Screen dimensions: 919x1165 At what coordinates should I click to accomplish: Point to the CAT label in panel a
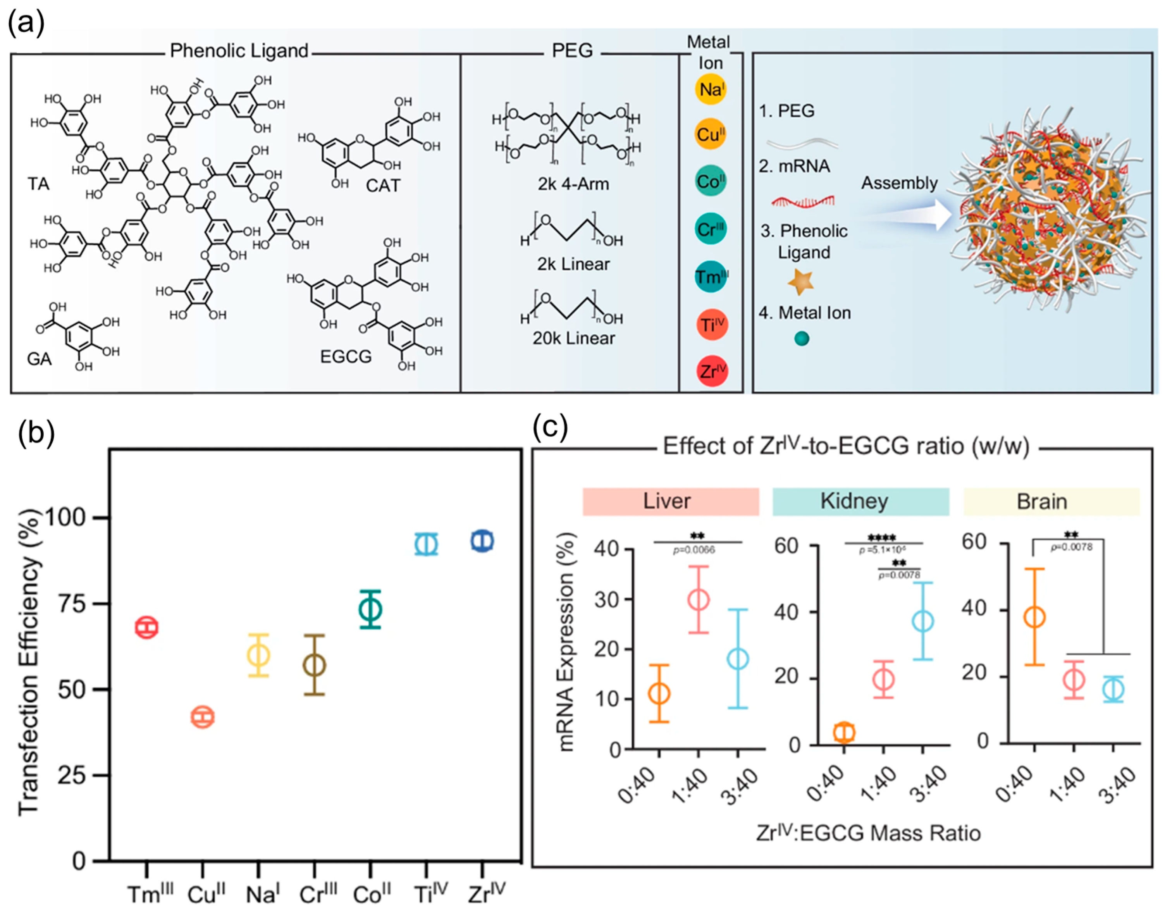pyautogui.click(x=383, y=186)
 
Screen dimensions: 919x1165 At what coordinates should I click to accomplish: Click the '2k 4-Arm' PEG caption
pyautogui.click(x=573, y=184)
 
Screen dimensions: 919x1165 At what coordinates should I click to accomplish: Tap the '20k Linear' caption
pyautogui.click(x=574, y=338)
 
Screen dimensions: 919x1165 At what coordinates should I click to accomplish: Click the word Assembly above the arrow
pyautogui.click(x=899, y=183)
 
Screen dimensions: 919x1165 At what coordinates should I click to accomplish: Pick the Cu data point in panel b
pyautogui.click(x=203, y=717)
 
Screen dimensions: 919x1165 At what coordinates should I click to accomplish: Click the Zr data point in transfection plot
pyautogui.click(x=482, y=541)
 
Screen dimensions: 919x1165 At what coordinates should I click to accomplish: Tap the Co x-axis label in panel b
pyautogui.click(x=371, y=894)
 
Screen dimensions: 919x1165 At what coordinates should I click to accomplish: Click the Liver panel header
pyautogui.click(x=671, y=501)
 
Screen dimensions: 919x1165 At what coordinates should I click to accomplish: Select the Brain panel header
pyautogui.click(x=1051, y=501)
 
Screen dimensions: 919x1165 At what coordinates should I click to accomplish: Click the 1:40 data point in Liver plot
pyautogui.click(x=699, y=599)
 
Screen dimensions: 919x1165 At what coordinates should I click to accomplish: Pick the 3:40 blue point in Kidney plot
pyautogui.click(x=923, y=621)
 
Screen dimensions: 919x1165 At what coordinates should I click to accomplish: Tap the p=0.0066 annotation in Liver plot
pyautogui.click(x=695, y=549)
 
